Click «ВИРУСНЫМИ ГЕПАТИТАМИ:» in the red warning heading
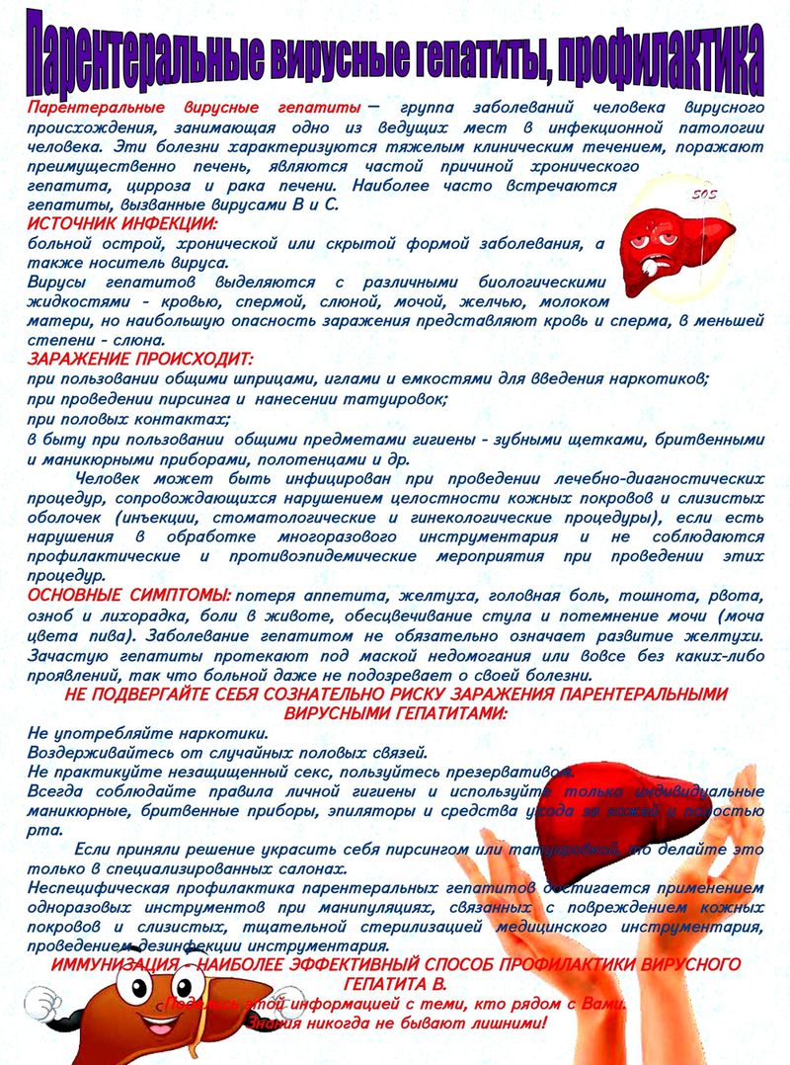tap(395, 712)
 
